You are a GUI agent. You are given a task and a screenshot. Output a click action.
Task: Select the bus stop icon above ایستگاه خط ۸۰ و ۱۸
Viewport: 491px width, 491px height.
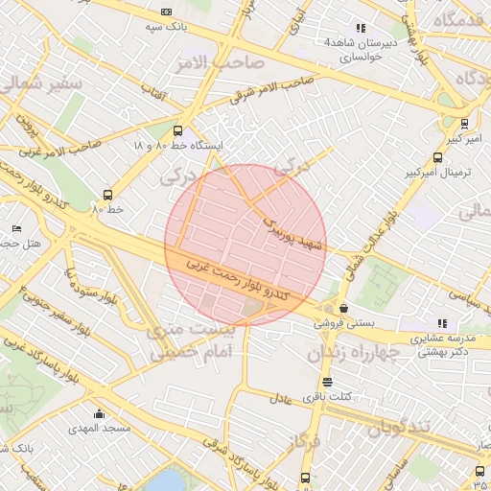[x=177, y=130]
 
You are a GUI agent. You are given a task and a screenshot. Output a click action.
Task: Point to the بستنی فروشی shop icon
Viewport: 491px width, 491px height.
[x=344, y=309]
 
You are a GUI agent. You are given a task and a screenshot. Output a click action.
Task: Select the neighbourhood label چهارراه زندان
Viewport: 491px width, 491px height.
[x=352, y=353]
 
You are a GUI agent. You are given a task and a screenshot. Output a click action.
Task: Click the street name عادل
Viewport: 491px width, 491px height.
[x=279, y=398]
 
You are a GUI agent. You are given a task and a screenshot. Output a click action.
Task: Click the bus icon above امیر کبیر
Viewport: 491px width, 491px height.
[x=464, y=123]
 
